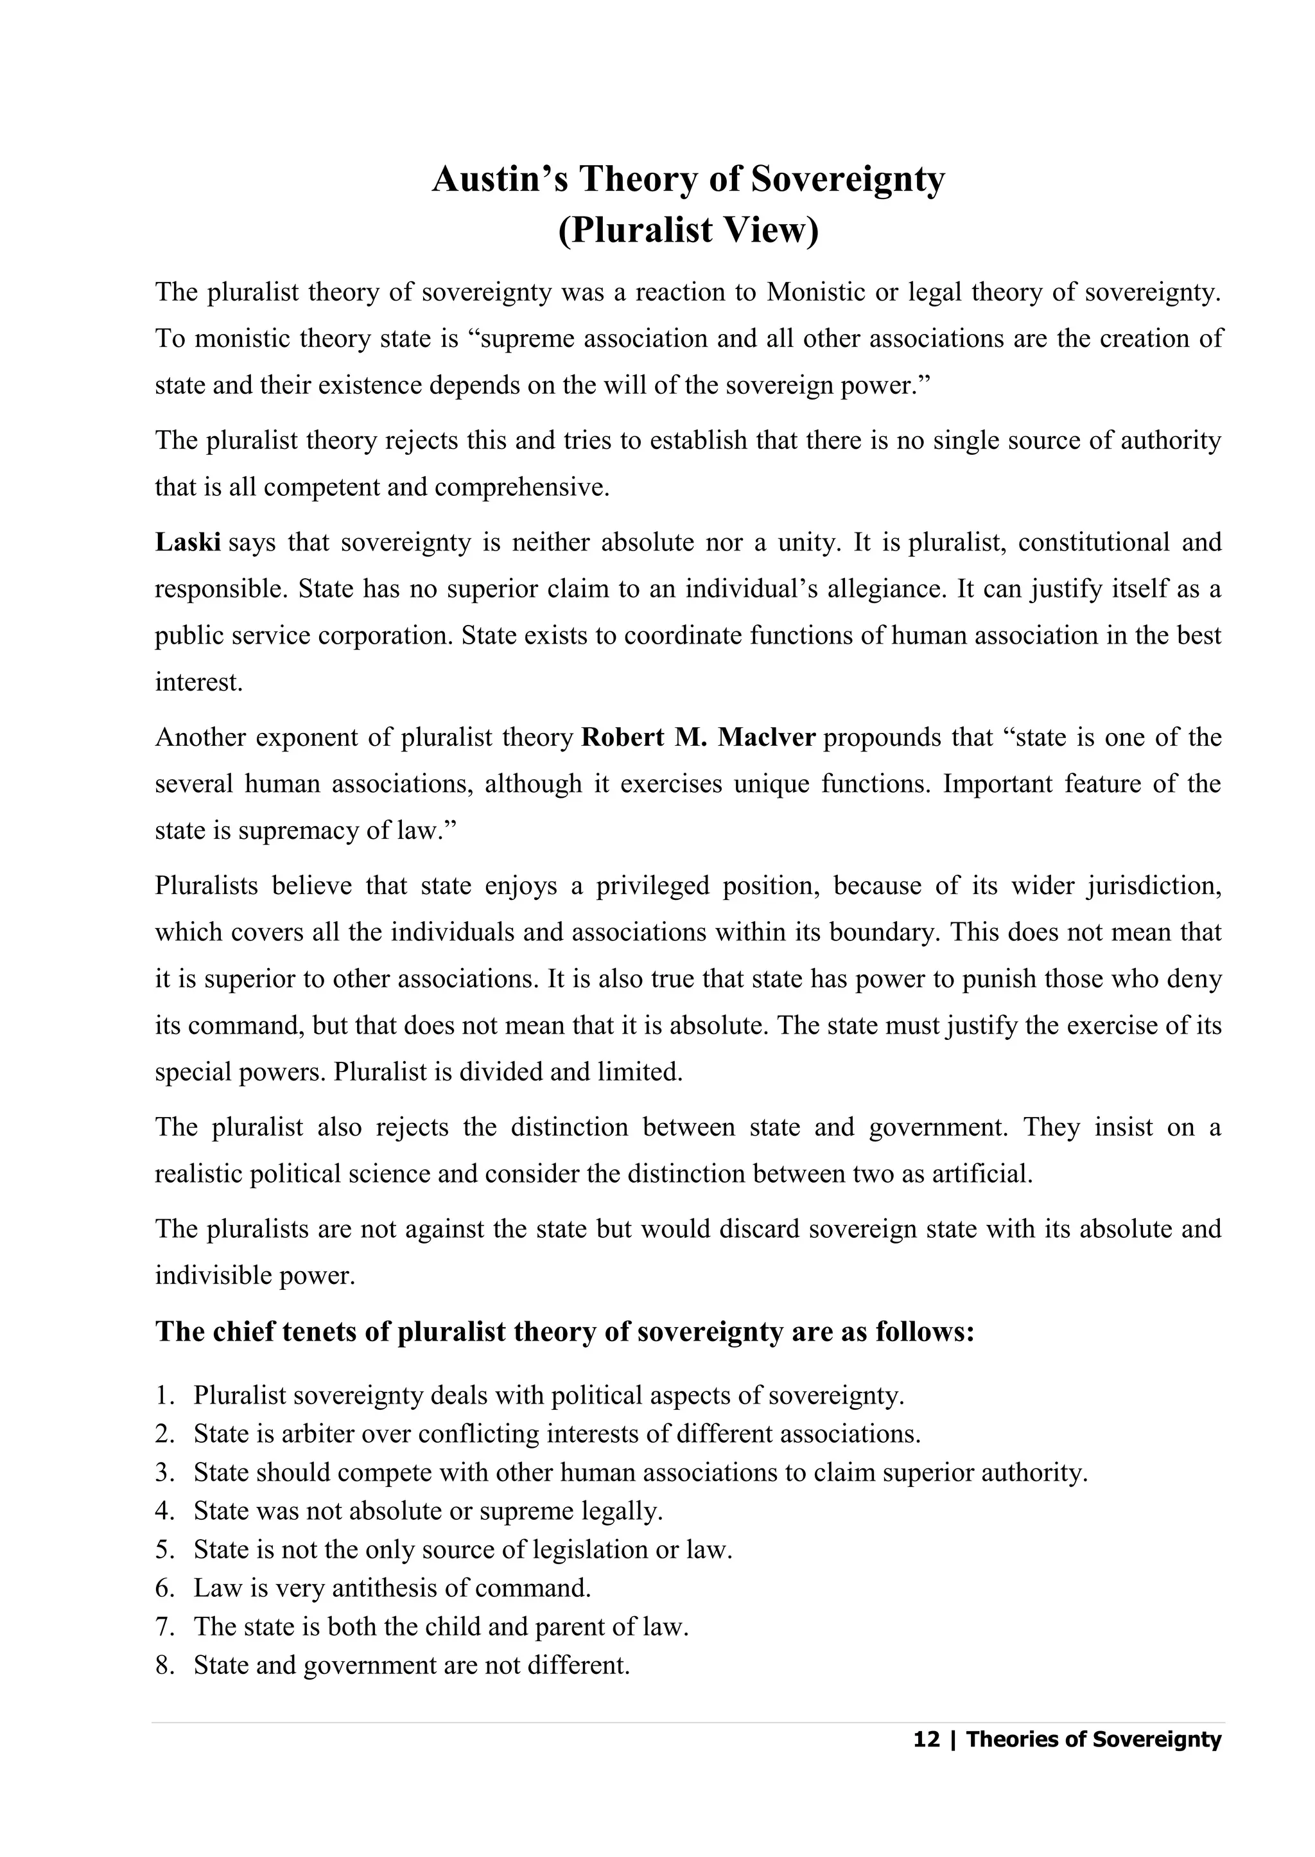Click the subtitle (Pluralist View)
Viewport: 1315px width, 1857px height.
pos(688,231)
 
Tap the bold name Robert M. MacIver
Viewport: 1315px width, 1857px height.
pos(698,738)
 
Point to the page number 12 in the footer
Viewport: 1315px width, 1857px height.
pos(927,1739)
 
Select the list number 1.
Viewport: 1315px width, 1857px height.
pos(164,1395)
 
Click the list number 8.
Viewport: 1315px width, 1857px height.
pos(164,1665)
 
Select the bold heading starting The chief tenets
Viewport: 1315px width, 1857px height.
pos(564,1332)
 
